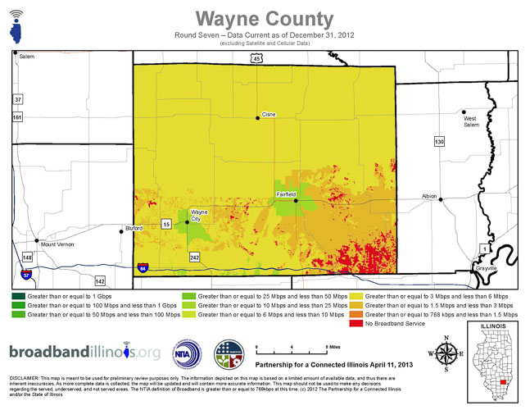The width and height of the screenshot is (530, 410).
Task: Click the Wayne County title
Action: coord(265,18)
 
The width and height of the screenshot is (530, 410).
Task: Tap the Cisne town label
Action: coord(269,113)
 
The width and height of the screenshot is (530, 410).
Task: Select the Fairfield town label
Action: coord(285,194)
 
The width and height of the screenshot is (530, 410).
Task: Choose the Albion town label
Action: coord(429,197)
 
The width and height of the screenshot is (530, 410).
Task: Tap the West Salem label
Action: coord(470,121)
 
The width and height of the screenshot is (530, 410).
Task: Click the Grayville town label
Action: coord(486,268)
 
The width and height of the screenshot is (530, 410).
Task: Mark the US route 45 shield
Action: coord(256,59)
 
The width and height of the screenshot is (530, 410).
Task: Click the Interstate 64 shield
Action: coord(143,267)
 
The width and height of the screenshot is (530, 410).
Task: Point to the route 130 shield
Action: coord(439,142)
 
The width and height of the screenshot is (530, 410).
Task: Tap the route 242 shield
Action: coord(194,257)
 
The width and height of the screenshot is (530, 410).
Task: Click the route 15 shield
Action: coord(165,224)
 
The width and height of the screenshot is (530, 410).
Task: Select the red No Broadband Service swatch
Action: coord(355,323)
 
